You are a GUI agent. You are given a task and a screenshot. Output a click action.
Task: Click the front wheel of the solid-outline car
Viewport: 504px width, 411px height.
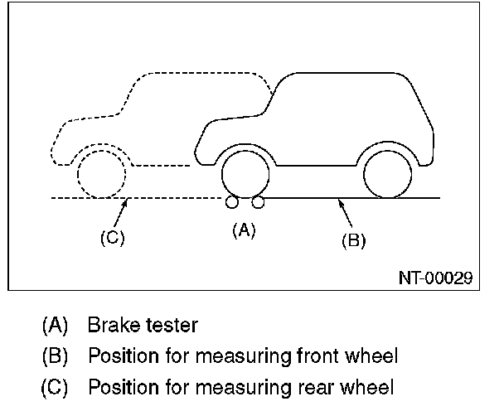click(245, 173)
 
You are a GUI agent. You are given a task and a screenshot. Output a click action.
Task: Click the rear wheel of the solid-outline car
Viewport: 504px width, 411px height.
click(387, 173)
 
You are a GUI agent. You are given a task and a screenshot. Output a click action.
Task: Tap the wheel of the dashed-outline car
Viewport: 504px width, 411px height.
click(101, 174)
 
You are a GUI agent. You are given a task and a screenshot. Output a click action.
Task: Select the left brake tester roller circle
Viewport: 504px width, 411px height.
click(230, 202)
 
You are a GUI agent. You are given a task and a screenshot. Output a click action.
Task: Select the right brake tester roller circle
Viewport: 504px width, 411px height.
click(258, 202)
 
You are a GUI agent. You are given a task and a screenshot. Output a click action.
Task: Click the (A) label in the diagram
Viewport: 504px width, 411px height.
click(243, 230)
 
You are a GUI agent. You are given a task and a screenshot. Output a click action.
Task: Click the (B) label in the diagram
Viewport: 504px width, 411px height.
click(354, 240)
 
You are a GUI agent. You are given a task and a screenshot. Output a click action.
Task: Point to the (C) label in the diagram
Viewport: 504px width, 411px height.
click(112, 238)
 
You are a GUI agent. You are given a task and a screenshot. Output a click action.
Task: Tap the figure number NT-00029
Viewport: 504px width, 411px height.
click(435, 278)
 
